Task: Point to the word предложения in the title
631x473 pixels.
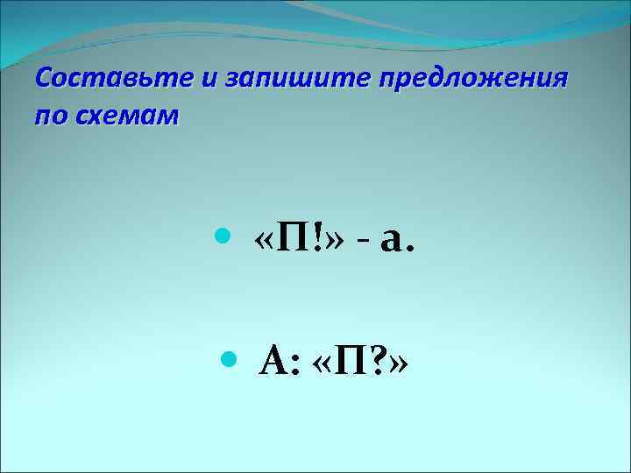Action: pyautogui.click(x=474, y=80)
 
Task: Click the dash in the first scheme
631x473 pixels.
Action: pyautogui.click(x=362, y=242)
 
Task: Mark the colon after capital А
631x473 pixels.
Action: pyautogui.click(x=295, y=363)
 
